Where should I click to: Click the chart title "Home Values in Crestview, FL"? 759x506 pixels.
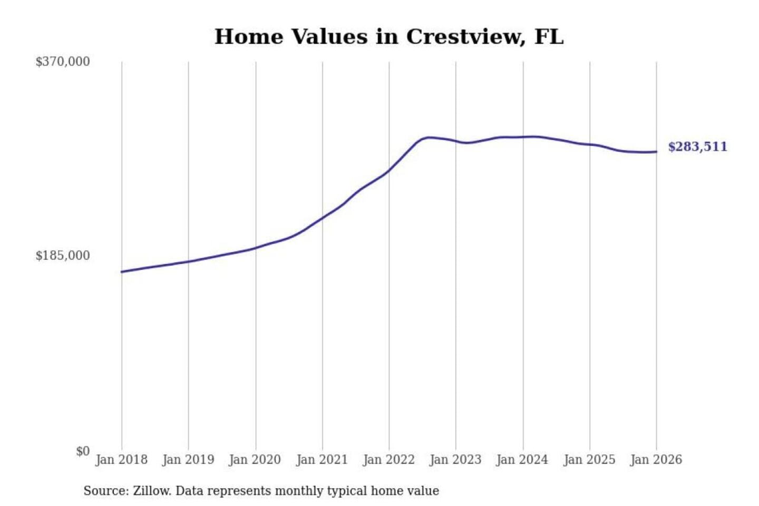(x=389, y=37)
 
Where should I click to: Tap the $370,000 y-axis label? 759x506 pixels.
(x=63, y=62)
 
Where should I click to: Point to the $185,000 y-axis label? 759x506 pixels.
(x=63, y=256)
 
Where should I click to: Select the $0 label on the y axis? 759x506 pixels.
(x=83, y=451)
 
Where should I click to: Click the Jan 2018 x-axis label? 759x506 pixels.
(x=121, y=460)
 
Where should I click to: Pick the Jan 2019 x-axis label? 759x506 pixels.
(x=188, y=460)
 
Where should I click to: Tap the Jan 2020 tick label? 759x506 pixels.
(x=255, y=460)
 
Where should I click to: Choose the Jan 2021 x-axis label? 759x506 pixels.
(x=322, y=460)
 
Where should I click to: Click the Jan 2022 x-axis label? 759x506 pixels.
(x=389, y=460)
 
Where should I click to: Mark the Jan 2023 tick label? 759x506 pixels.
(x=455, y=460)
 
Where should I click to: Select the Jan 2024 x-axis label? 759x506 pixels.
(x=522, y=460)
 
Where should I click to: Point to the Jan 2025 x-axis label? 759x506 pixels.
(x=589, y=460)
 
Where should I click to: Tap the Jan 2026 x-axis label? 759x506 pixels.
(x=656, y=460)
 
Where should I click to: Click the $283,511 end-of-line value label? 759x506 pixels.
(x=697, y=147)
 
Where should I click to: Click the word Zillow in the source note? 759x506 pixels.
(x=151, y=491)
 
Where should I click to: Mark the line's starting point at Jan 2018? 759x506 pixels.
(x=122, y=272)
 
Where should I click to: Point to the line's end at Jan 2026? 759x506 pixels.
(x=656, y=152)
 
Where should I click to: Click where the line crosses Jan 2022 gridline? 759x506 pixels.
(x=389, y=171)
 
